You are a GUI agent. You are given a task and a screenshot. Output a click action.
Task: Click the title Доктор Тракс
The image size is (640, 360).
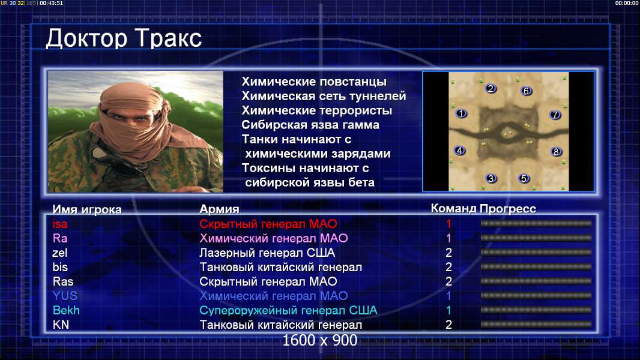click(124, 39)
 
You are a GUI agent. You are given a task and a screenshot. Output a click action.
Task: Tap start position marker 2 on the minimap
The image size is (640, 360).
click(491, 88)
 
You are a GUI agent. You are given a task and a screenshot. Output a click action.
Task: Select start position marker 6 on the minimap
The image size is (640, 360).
click(526, 91)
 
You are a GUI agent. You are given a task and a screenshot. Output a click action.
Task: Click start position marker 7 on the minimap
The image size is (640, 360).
click(555, 115)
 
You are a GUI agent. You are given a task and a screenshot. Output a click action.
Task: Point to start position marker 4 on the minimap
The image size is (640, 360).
click(460, 151)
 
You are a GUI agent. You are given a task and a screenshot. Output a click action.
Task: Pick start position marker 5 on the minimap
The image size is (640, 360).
click(524, 178)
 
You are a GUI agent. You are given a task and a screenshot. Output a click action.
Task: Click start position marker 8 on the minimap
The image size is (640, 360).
click(556, 152)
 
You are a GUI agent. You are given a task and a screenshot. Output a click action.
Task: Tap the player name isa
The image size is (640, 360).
click(59, 224)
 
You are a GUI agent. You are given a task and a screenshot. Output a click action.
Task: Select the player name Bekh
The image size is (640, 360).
click(66, 310)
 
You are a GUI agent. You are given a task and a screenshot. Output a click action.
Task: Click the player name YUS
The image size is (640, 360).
click(65, 296)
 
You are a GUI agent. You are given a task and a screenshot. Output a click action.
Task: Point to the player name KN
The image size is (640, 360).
click(61, 325)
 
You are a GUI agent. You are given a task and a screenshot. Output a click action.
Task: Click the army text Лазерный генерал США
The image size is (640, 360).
click(267, 253)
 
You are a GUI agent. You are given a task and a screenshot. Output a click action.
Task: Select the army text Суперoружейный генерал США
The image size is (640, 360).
click(289, 311)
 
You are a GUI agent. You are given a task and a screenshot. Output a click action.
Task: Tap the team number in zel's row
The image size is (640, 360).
click(448, 253)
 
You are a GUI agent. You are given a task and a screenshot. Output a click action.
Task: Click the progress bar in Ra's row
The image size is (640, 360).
click(536, 238)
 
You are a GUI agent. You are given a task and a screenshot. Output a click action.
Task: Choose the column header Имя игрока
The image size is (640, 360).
click(87, 209)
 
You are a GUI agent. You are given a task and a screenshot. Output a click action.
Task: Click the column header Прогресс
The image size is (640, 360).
click(508, 209)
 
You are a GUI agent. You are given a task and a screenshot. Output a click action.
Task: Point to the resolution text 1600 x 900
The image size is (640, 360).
click(320, 340)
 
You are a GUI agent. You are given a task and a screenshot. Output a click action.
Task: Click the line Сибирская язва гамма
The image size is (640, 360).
click(310, 125)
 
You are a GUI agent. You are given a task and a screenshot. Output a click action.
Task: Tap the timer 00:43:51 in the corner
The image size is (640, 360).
click(52, 3)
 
